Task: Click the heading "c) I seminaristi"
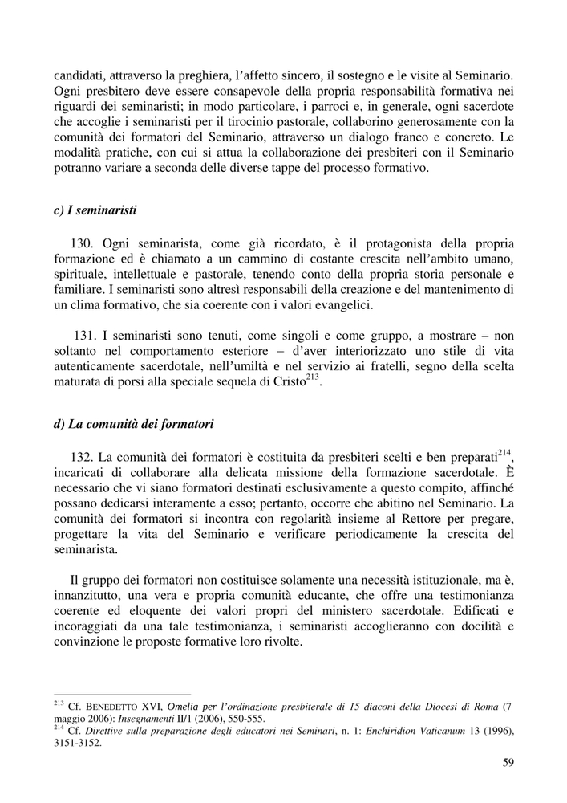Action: coord(95,211)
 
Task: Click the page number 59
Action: coord(508,763)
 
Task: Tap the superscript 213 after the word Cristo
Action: coord(313,377)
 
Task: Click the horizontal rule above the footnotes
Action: coord(121,695)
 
